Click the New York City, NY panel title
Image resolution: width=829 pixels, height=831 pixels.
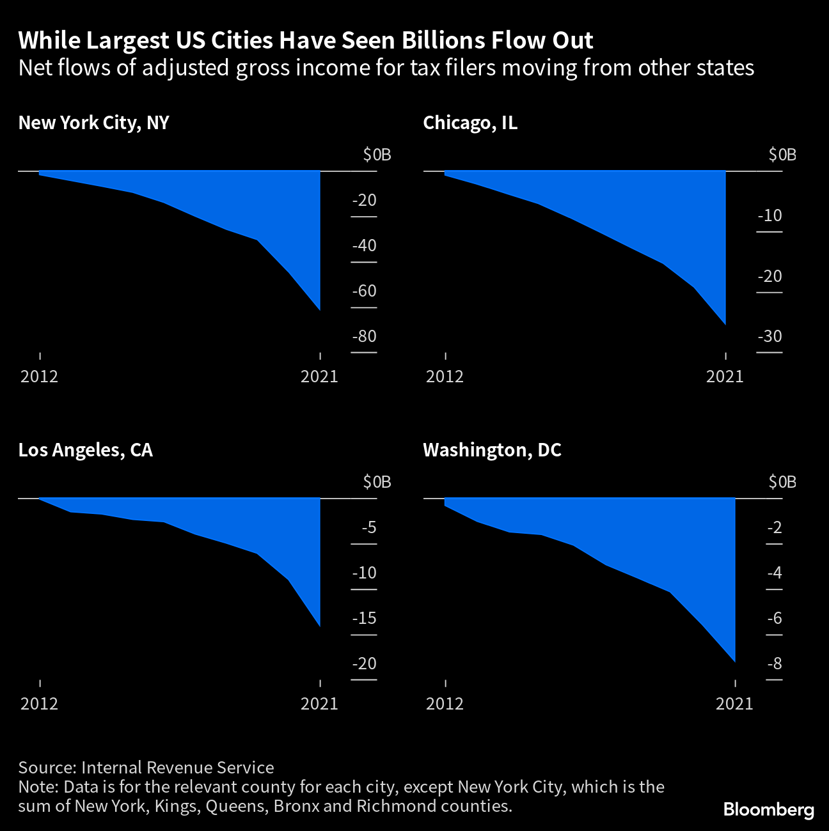[x=93, y=123]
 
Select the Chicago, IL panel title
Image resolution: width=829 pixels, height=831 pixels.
[x=470, y=123]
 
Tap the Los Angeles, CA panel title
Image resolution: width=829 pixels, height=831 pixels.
[x=85, y=450]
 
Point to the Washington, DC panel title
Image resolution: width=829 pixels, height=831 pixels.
[x=492, y=450]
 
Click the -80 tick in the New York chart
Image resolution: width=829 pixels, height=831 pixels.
[x=364, y=337]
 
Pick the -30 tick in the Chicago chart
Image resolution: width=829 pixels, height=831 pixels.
[x=770, y=337]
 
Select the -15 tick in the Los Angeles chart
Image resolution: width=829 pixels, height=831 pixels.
[x=364, y=619]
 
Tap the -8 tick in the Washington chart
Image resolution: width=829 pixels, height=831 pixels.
[x=774, y=664]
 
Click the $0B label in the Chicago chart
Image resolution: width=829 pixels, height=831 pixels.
[x=782, y=155]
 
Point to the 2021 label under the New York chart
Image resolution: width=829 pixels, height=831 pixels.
[x=319, y=377]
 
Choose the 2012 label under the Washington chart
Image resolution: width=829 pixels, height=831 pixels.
[x=445, y=704]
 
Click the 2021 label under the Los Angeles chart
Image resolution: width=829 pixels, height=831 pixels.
[x=319, y=704]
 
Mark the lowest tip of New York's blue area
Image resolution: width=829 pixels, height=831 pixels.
[x=319, y=310]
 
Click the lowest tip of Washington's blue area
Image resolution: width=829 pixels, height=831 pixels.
[x=734, y=661]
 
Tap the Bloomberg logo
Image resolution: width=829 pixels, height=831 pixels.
[x=768, y=810]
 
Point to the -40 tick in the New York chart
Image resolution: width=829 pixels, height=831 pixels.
[x=364, y=246]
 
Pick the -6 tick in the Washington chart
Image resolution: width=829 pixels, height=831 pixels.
[x=774, y=619]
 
